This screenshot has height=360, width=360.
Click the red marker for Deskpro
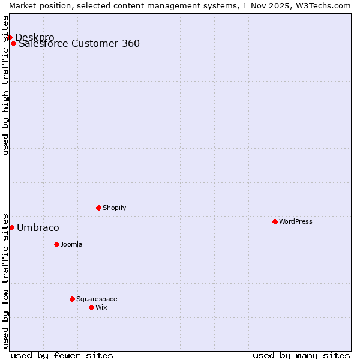point(10,37)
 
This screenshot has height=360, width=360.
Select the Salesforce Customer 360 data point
point(13,43)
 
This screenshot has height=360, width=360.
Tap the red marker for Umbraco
point(11,227)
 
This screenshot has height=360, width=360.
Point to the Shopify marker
point(98,208)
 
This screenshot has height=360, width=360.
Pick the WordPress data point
point(275,221)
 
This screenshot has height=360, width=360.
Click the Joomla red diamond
point(56,244)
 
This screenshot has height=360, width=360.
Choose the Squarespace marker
point(72,299)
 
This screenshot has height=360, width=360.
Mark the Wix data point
point(91,307)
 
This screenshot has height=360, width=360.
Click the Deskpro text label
point(34,37)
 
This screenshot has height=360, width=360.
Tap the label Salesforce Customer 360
point(79,43)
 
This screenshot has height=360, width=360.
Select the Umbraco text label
point(38,227)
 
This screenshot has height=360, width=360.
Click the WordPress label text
point(296,221)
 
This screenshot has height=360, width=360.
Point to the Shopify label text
point(114,208)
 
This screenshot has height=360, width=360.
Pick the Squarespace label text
point(97,299)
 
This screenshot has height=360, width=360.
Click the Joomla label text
point(71,244)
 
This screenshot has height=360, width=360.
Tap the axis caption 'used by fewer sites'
point(62,355)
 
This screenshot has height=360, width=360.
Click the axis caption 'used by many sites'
point(301,355)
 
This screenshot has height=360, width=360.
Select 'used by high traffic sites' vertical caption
point(5,85)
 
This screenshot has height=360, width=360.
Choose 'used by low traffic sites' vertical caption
point(5,280)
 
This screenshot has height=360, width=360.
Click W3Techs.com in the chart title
point(321,5)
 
